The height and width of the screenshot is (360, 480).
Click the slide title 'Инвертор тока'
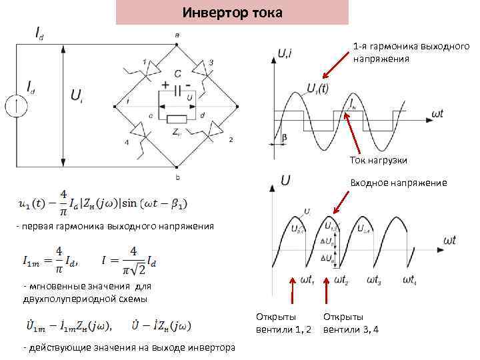(x=232, y=13)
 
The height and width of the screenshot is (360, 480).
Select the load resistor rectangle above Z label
(x=177, y=119)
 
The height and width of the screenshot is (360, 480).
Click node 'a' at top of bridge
(x=177, y=45)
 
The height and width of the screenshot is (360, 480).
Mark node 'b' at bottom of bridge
(x=177, y=167)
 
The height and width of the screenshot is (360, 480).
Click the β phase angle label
(x=285, y=137)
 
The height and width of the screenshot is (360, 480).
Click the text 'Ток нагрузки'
(x=378, y=160)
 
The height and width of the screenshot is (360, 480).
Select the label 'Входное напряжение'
(x=399, y=183)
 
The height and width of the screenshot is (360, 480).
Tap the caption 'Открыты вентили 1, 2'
(x=283, y=323)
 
